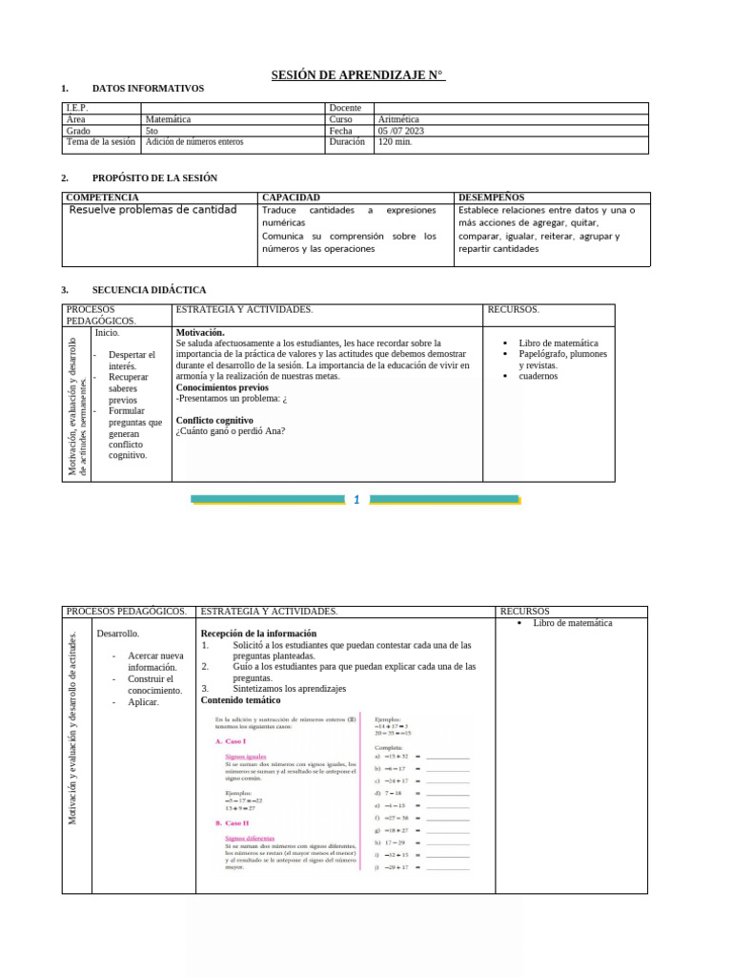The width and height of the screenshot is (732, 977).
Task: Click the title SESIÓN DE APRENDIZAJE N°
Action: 358,75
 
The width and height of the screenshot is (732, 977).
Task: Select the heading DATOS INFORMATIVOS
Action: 148,89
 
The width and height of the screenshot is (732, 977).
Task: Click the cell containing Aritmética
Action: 398,120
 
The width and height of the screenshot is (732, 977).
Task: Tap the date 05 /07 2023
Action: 401,131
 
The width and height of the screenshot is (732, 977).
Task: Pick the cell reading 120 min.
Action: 396,142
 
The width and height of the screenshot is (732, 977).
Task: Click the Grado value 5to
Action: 152,131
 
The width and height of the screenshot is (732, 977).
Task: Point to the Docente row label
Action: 345,109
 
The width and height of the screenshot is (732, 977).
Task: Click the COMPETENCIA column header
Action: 101,197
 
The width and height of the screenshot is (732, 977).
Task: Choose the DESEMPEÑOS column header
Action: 491,197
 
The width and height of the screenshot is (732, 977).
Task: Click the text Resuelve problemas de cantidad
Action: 152,210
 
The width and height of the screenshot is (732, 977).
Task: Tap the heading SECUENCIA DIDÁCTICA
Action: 149,290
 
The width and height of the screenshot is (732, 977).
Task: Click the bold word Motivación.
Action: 200,332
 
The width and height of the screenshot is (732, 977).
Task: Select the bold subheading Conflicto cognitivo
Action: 214,420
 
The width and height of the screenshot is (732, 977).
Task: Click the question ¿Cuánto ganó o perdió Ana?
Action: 231,431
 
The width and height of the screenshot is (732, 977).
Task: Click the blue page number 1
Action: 356,499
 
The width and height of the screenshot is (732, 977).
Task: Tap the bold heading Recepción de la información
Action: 258,634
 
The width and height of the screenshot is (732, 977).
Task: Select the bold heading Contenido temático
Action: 240,699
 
